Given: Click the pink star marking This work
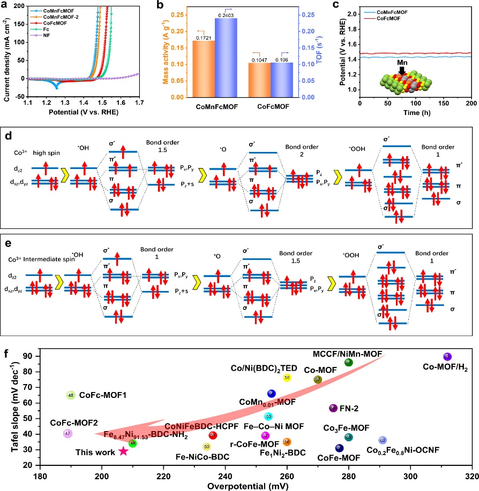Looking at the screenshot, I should coord(123,451).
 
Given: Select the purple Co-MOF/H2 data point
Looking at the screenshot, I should coord(447,357).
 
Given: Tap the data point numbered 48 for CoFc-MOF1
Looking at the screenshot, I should coord(71,395).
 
